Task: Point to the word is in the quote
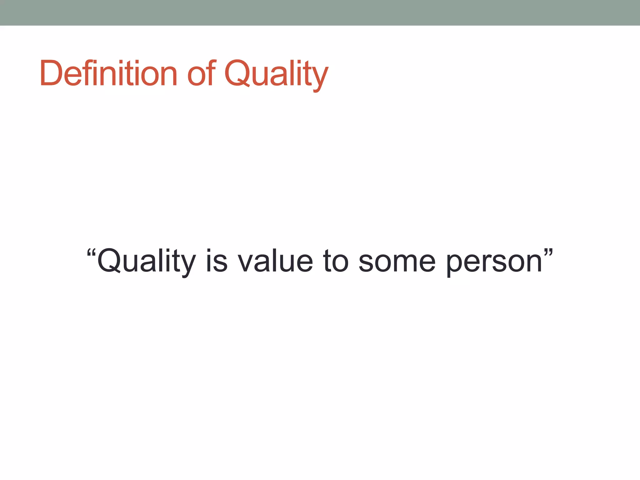pyautogui.click(x=216, y=261)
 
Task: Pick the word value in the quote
pyautogui.click(x=275, y=261)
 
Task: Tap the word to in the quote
pyautogui.click(x=335, y=261)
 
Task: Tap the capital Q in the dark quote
pyautogui.click(x=109, y=261)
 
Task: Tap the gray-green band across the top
pyautogui.click(x=320, y=12)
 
